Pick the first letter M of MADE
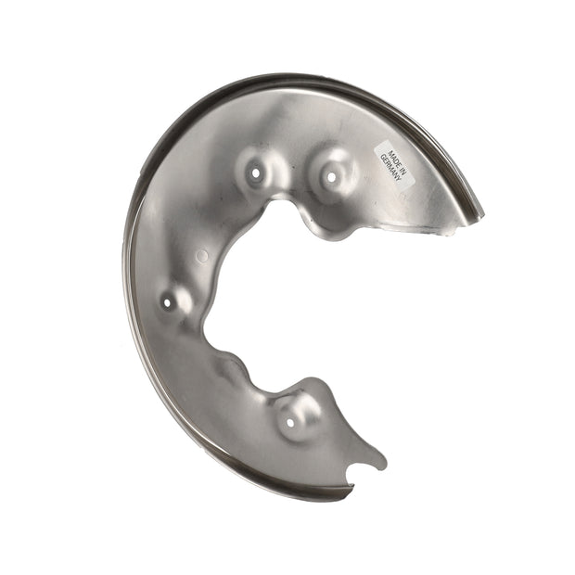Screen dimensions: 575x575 coord(391,151)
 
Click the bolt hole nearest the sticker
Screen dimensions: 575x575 coord(331,177)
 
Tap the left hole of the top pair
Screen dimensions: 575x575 coord(255,172)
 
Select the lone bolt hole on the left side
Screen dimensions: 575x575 coord(167,303)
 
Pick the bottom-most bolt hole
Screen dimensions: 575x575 coord(290,423)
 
